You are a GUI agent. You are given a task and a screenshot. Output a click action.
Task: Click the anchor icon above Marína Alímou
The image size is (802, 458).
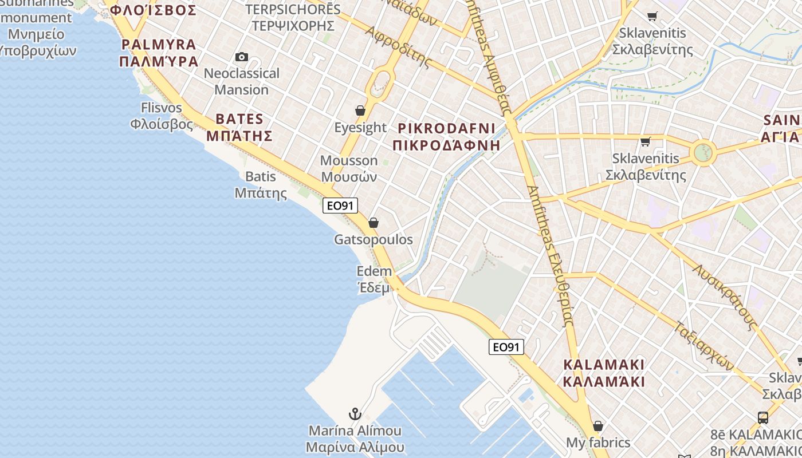[x=355, y=413]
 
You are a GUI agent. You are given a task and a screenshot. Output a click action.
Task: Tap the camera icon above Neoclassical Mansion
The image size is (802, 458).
[x=242, y=57]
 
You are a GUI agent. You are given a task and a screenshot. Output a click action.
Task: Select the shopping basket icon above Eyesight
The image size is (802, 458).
[x=360, y=110]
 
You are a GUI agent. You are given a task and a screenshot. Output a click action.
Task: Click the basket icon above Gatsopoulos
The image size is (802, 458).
[x=374, y=223]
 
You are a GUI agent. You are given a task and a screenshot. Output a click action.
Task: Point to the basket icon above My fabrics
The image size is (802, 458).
[x=598, y=426]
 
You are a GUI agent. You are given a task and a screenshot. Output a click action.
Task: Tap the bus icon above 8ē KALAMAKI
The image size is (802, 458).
[x=763, y=417]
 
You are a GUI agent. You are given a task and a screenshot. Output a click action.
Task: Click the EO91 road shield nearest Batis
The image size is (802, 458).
[x=340, y=206]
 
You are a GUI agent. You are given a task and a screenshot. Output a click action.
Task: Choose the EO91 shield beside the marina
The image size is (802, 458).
[x=506, y=347]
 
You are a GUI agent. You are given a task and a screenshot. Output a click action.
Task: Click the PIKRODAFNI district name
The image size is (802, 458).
[x=447, y=136]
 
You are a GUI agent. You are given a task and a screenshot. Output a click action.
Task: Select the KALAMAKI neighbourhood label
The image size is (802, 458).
[x=604, y=373]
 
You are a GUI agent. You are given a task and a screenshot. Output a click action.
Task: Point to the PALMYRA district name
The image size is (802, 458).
[x=159, y=53]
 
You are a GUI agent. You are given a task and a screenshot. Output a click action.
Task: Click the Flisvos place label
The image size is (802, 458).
[x=162, y=116]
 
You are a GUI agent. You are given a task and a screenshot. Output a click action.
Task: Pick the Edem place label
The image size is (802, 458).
[x=374, y=279]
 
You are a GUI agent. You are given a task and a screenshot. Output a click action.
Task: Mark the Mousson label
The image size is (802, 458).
[x=349, y=168]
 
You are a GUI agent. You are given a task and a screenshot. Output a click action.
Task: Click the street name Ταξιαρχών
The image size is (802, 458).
[x=703, y=345]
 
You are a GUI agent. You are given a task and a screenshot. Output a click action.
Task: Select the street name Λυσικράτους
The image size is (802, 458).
[x=725, y=297]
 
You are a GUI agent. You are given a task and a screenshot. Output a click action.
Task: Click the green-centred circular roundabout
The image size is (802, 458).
[x=703, y=153]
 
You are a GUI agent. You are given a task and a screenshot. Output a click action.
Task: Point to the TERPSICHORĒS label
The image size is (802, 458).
[x=293, y=17]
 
